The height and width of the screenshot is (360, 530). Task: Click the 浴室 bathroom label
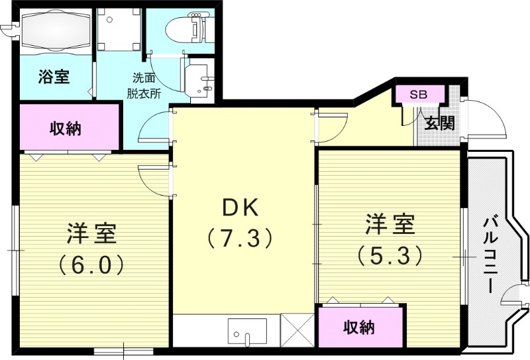pyautogui.click(x=54, y=76)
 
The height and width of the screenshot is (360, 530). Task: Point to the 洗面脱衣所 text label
pyautogui.click(x=144, y=85)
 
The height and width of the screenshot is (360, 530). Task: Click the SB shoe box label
pyautogui.click(x=418, y=94)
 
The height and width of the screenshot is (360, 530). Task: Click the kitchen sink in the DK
pyautogui.click(x=247, y=331)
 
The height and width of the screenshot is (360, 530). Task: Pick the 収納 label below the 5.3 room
pyautogui.click(x=359, y=327)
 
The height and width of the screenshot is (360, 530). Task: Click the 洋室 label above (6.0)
pyautogui.click(x=91, y=233)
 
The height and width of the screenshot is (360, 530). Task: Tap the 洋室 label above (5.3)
pyautogui.click(x=390, y=224)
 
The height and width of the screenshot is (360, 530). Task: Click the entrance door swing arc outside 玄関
pyautogui.click(x=489, y=119)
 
